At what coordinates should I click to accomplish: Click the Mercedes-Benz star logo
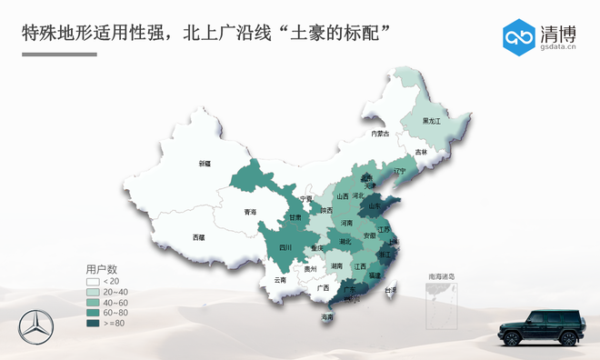(x=35, y=327)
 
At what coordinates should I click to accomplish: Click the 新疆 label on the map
(x=205, y=164)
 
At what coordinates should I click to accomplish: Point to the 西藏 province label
(x=199, y=237)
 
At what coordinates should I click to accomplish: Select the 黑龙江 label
(x=431, y=121)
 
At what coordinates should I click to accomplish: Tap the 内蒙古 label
(x=380, y=134)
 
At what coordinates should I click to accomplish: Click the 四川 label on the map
(x=285, y=247)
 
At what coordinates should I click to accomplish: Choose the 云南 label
(x=280, y=280)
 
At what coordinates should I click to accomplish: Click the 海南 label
(x=327, y=317)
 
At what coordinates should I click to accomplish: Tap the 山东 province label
(x=375, y=206)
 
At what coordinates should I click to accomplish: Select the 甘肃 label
(x=295, y=217)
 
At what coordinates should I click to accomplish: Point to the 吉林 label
(x=420, y=152)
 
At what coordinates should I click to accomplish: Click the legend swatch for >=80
(x=93, y=323)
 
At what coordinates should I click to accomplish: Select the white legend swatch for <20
(x=93, y=282)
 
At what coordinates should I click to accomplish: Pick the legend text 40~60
(x=115, y=303)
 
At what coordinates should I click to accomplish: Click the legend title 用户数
(x=102, y=269)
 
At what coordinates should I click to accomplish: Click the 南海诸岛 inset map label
(x=442, y=275)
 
